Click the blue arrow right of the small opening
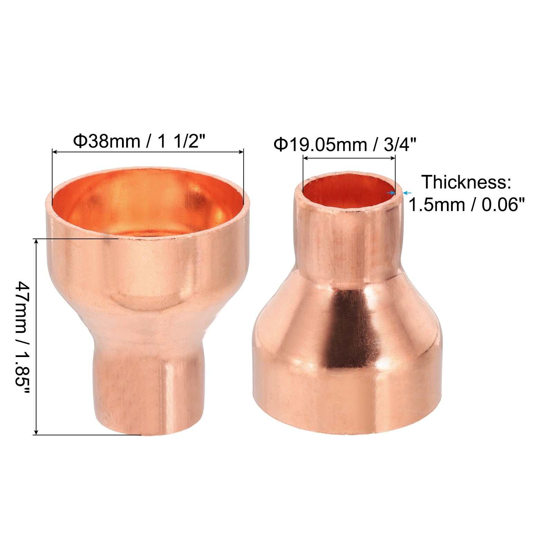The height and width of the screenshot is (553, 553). click(x=407, y=193)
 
